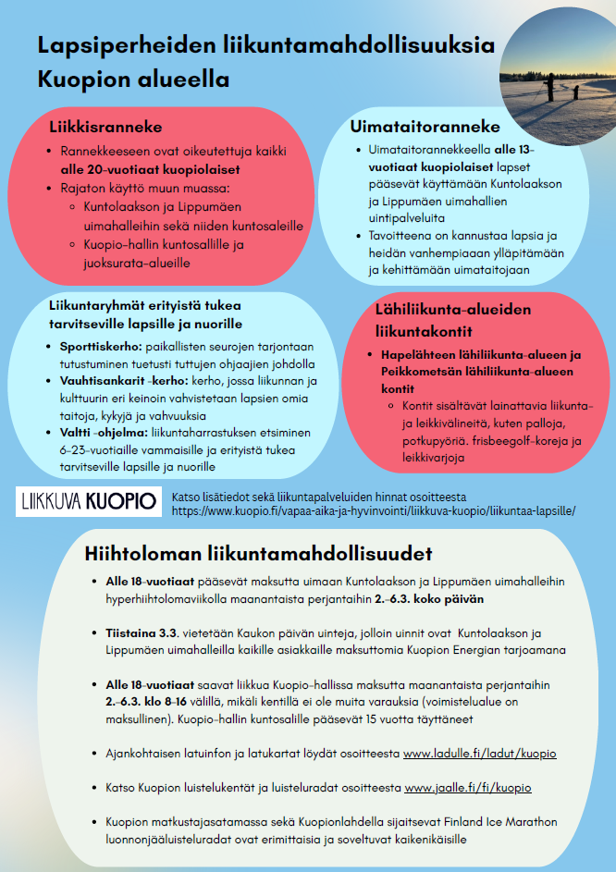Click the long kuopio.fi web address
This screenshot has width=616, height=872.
click(374, 510)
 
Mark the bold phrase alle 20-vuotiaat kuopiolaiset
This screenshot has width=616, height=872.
click(150, 170)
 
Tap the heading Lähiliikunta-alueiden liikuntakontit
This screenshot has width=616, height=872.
click(452, 320)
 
